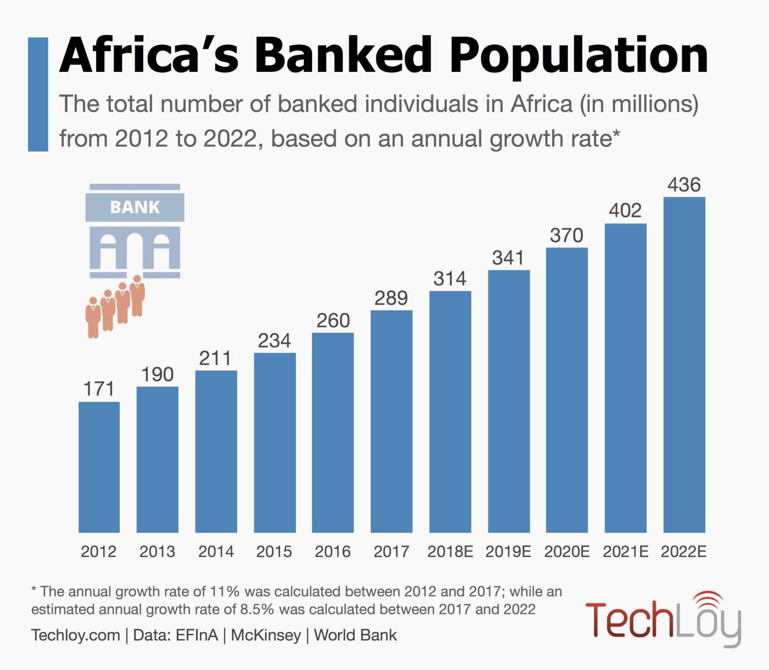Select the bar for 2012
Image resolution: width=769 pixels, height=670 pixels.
click(99, 467)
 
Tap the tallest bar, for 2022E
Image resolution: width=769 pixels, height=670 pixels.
click(684, 364)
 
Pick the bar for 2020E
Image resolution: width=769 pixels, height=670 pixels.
click(567, 390)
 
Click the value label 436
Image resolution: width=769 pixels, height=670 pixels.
click(684, 185)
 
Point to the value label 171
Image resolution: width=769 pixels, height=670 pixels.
click(99, 389)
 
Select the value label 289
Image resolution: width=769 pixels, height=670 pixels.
click(391, 299)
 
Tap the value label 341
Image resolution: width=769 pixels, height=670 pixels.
click(508, 258)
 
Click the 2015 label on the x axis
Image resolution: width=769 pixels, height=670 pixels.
click(274, 551)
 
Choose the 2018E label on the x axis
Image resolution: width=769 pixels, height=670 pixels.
click(450, 551)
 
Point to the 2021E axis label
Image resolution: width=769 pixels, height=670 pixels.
click(625, 551)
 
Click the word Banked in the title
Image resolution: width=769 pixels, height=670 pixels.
click(344, 55)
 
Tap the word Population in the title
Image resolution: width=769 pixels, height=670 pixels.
click(579, 55)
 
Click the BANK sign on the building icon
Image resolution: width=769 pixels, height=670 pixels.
click(135, 207)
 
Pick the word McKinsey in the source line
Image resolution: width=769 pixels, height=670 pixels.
click(266, 635)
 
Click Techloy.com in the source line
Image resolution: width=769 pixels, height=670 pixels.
click(76, 635)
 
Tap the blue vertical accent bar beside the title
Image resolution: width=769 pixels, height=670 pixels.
click(38, 94)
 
